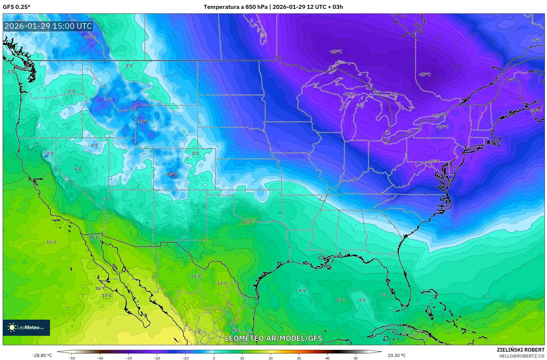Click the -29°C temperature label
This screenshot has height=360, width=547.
[x=425, y=75]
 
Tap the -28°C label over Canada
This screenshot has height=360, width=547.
[x=336, y=51]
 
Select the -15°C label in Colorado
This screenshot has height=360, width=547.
[x=172, y=174]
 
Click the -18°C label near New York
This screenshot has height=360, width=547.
[x=442, y=127]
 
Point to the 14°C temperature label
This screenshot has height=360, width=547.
[x=223, y=283]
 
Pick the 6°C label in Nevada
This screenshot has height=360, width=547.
[x=78, y=169]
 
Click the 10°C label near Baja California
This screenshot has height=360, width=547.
[x=94, y=237]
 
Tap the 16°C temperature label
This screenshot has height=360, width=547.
[x=100, y=288]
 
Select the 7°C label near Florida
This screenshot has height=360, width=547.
[x=384, y=295]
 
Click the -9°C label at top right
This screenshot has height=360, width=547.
[x=536, y=40]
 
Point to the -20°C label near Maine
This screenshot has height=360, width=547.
[x=536, y=110]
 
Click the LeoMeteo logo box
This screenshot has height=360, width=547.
[x=26, y=327]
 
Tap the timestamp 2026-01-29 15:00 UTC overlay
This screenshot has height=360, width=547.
[x=48, y=26]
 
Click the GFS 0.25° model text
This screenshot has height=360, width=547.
[x=17, y=7]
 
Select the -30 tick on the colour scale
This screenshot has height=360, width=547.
[x=129, y=358]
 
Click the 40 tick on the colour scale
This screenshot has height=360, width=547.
[x=327, y=358]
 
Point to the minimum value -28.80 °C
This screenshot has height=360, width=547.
[x=42, y=355]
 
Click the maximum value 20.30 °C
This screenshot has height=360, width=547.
[x=396, y=355]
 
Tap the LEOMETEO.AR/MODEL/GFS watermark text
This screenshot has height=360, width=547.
[x=273, y=338]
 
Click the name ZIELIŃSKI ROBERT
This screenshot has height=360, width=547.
[x=520, y=350]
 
